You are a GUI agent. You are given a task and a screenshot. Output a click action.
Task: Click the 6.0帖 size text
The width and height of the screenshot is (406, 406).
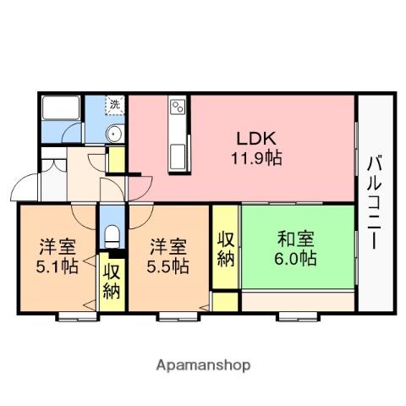(x=294, y=259)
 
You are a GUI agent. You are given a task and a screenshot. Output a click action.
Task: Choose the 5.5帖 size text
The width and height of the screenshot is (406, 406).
(x=167, y=266)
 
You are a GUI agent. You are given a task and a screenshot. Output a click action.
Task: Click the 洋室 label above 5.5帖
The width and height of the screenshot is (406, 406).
(x=167, y=247)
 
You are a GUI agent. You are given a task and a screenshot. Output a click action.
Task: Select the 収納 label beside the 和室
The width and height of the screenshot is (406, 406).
(x=225, y=249)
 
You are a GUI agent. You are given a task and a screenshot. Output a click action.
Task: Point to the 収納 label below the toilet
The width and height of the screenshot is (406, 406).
(x=112, y=282)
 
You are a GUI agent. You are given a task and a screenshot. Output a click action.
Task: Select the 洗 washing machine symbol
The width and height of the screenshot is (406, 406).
(x=114, y=105)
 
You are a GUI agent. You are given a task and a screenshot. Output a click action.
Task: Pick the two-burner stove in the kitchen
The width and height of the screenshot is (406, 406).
(x=178, y=108)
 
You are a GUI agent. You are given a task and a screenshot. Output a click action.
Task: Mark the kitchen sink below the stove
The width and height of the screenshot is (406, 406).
(x=178, y=155)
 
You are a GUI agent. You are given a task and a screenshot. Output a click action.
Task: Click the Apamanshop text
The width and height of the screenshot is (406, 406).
(x=203, y=365)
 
